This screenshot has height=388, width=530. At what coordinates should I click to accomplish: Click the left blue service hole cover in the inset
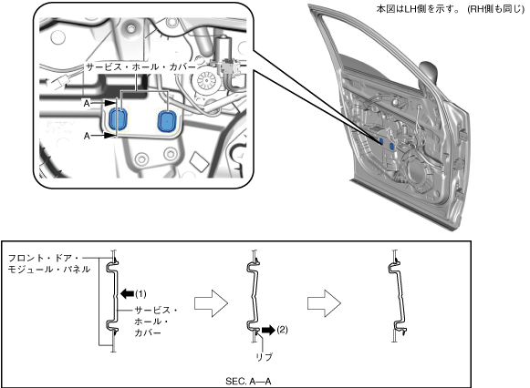tap(118, 119)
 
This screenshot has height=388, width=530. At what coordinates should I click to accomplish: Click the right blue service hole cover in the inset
tap(167, 120)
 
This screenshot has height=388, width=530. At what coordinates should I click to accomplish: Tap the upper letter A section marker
tap(87, 103)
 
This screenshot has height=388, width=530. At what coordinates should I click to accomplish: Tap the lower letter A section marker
tap(87, 136)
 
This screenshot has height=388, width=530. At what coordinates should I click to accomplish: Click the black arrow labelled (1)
tap(127, 293)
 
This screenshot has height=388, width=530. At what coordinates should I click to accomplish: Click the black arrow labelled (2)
tap(268, 330)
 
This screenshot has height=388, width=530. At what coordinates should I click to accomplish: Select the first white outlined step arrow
tap(211, 303)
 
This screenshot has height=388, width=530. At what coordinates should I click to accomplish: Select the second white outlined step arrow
tap(324, 303)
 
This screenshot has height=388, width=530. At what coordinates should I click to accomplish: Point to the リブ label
tap(265, 357)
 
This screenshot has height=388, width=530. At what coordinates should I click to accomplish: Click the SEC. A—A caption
tap(248, 382)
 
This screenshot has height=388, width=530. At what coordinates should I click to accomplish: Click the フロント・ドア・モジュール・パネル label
tap(49, 263)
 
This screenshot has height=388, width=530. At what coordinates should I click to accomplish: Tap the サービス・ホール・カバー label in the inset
tap(140, 66)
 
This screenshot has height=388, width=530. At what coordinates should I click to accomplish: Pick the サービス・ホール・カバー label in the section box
tap(156, 322)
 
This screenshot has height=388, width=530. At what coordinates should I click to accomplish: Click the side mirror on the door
tap(428, 72)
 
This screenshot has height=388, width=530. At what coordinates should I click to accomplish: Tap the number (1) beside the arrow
tap(140, 294)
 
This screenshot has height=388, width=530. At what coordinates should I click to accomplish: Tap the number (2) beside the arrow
tap(282, 330)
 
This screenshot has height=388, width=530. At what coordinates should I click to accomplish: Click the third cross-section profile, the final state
tap(398, 296)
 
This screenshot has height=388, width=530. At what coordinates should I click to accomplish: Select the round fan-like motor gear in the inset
tap(206, 81)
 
